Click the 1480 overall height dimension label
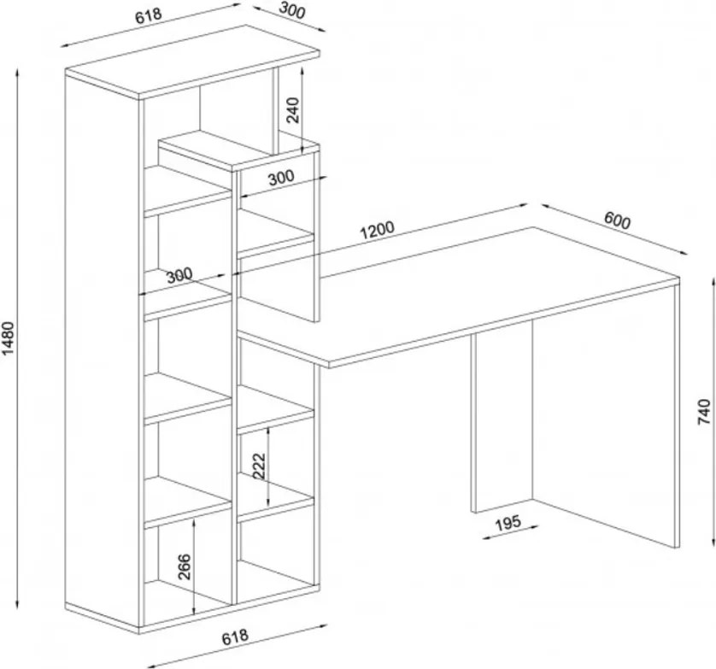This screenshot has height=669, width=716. [x=9, y=338]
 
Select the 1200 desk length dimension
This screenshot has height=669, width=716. [x=377, y=230]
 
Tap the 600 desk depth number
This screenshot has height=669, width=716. [x=618, y=220]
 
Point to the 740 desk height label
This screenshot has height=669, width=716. [x=705, y=412]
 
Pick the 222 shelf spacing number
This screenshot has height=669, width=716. [x=259, y=465]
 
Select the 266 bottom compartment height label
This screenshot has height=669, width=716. [x=184, y=566]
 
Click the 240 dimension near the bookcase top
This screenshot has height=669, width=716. [x=292, y=110]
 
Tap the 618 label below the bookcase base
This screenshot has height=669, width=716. [x=235, y=637]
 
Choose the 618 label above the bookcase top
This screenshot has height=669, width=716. [x=149, y=15]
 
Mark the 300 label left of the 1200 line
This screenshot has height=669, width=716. [x=179, y=276]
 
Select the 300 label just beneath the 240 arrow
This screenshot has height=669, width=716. [x=281, y=177]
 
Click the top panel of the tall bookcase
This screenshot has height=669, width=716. [x=192, y=62]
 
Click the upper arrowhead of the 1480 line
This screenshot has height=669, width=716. [x=17, y=73]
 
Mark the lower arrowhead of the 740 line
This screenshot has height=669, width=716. [x=713, y=541]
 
